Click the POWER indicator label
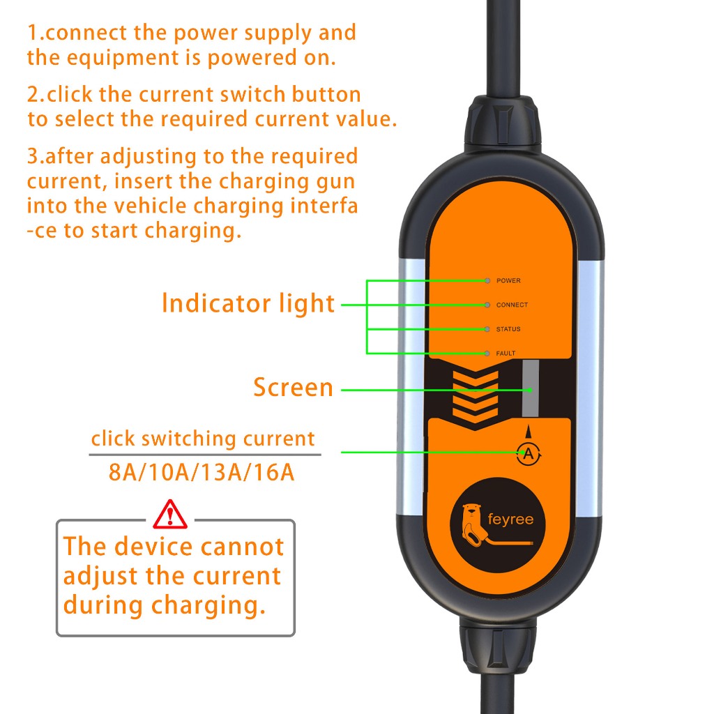point(508,280)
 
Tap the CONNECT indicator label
point(512,305)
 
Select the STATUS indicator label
point(508,329)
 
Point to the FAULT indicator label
point(506,353)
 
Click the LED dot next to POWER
point(487,280)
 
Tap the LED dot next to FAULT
point(487,353)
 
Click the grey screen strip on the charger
point(531,388)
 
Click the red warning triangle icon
point(170,515)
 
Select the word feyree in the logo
point(510,519)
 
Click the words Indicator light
point(248,304)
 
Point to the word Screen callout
point(294,388)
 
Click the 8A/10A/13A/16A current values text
point(202,472)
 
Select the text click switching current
point(203,439)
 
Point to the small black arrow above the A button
point(529,432)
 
